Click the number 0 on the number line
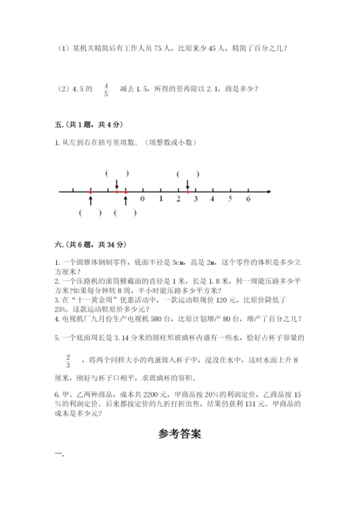click(143, 199)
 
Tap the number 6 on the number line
click(248, 199)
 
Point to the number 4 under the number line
click(213, 199)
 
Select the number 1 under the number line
click(161, 199)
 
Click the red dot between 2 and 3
click(187, 192)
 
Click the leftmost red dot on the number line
click(91, 192)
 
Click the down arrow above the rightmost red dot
click(187, 184)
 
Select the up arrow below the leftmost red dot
click(91, 200)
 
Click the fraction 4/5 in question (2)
click(107, 89)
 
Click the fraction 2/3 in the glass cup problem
click(68, 361)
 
